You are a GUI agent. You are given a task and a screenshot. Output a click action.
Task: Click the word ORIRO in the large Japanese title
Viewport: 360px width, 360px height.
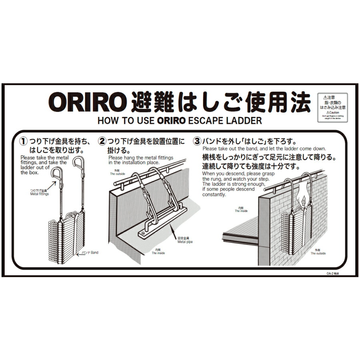(x=85, y=103)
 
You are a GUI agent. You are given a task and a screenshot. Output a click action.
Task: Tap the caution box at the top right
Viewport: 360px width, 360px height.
(x=332, y=107)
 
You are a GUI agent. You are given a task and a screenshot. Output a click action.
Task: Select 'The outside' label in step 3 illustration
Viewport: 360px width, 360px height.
(x=318, y=252)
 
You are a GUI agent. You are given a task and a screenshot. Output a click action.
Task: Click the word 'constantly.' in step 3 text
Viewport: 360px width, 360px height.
(x=214, y=195)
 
